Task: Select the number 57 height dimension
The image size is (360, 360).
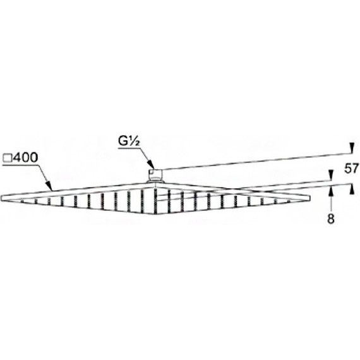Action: click(x=351, y=169)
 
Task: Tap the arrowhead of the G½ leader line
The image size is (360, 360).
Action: click(x=150, y=166)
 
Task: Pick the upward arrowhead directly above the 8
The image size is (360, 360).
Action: click(x=330, y=191)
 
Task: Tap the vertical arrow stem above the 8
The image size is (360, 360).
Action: click(x=330, y=202)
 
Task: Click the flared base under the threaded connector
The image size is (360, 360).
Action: click(x=156, y=182)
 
